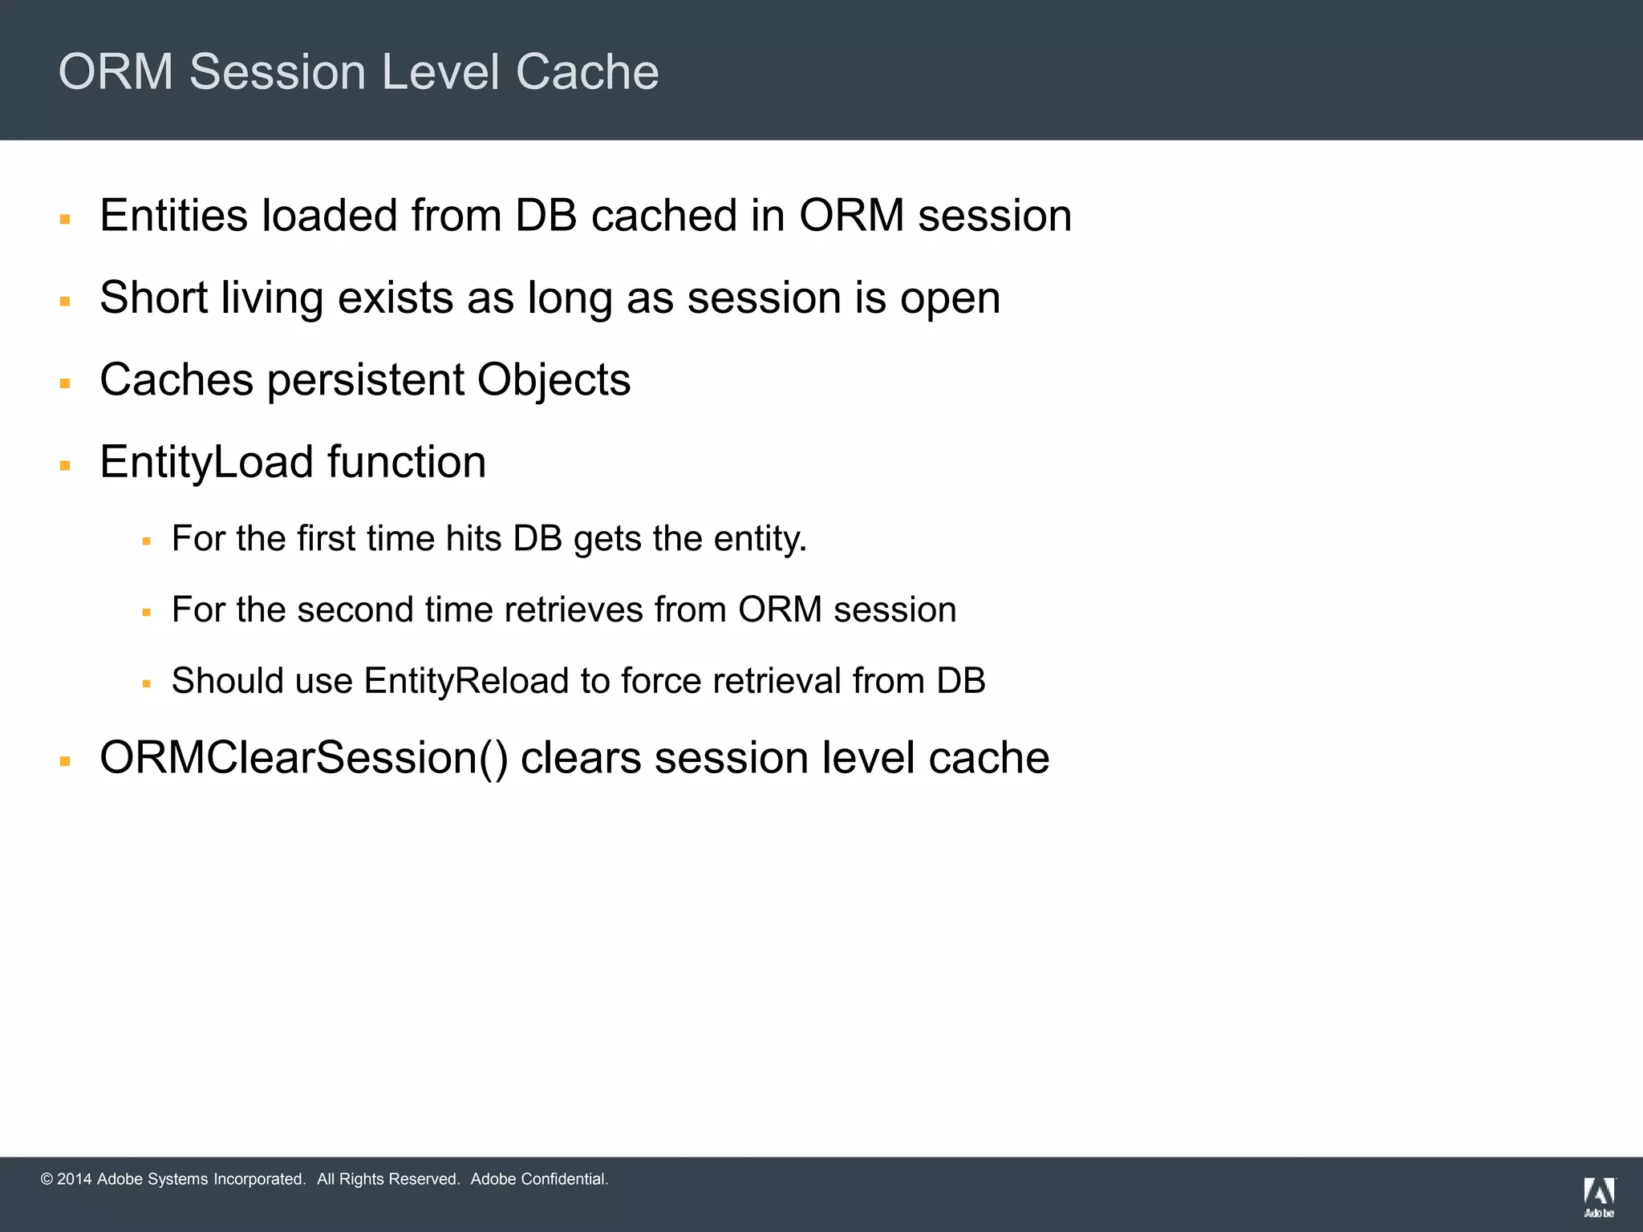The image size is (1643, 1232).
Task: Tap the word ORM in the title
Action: point(116,72)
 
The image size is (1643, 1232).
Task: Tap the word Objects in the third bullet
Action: point(554,380)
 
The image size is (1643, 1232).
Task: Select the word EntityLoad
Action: point(206,463)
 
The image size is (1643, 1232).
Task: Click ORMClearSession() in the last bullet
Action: point(303,758)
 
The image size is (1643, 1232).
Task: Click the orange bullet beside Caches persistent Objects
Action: point(66,384)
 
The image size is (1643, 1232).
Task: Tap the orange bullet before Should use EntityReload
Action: point(147,684)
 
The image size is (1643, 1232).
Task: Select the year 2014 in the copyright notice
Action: point(74,1179)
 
